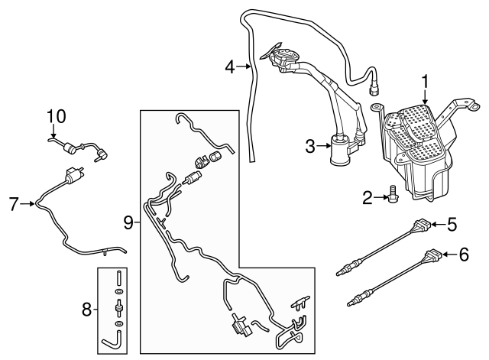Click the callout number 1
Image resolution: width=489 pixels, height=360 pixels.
[426, 80]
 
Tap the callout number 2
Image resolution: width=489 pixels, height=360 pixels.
[368, 199]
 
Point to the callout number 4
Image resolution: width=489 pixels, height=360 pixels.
[229, 67]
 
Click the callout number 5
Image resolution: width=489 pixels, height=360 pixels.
[452, 225]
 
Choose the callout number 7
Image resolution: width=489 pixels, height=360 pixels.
[13, 203]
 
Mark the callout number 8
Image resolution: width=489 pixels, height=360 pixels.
[86, 310]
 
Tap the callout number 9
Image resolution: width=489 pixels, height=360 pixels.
[129, 222]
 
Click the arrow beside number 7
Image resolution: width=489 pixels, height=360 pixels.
[28, 203]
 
